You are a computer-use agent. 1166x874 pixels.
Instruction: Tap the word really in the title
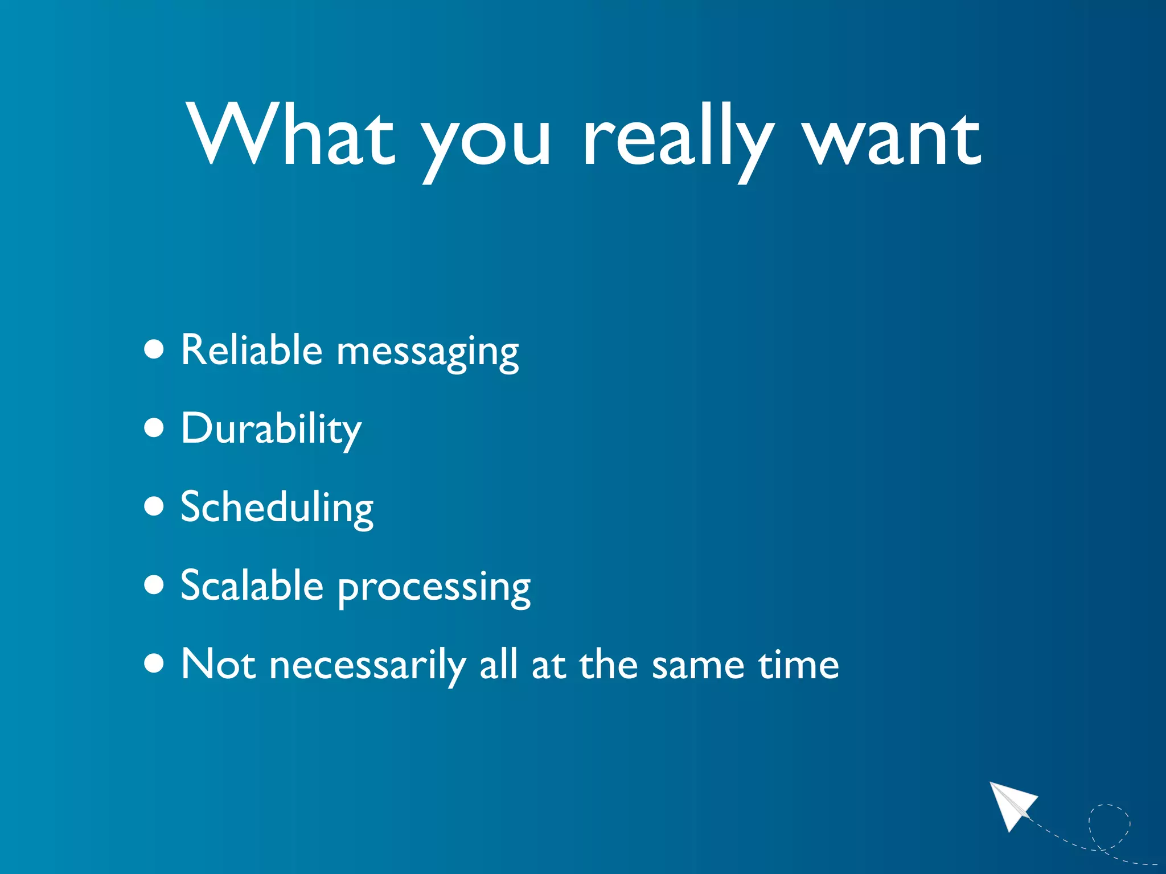coord(678,139)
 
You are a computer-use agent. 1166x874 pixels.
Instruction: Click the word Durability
coord(270,430)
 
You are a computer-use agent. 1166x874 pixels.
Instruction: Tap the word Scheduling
coord(277,508)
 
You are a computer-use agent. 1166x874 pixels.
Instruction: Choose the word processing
coord(434,589)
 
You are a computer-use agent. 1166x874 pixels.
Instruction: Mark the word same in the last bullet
coord(697,666)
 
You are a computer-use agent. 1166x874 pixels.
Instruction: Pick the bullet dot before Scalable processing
coord(154,584)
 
